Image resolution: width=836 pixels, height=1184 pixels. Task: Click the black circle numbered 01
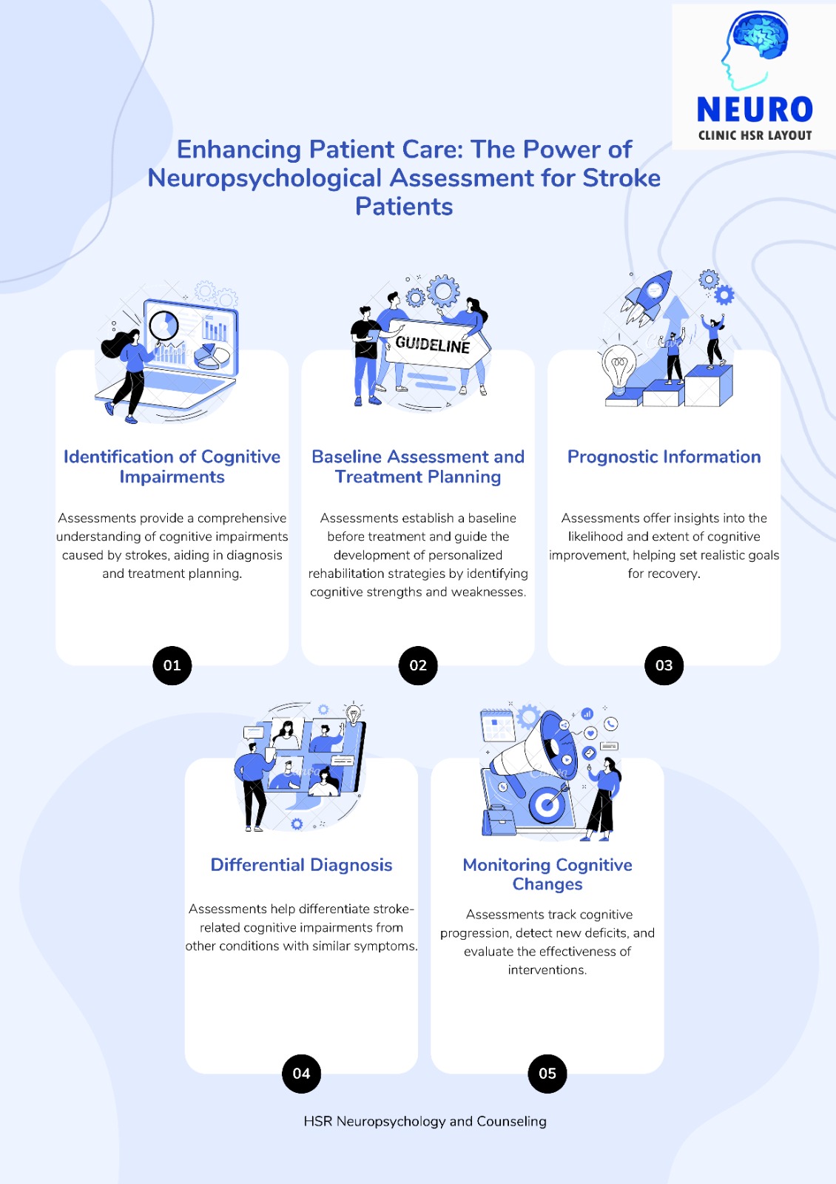[x=172, y=665]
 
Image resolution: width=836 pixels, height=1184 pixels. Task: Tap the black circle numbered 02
[x=418, y=665]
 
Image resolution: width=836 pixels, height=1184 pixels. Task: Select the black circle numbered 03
[x=664, y=665]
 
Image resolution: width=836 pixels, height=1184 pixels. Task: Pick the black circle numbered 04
[x=301, y=1073]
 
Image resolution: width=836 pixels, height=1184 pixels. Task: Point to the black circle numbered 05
[x=547, y=1073]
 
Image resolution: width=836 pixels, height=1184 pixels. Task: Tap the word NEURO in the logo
[x=755, y=110]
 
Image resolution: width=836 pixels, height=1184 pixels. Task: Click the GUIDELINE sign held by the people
[x=434, y=344]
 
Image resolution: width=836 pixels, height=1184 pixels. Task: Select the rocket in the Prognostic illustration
[x=647, y=297]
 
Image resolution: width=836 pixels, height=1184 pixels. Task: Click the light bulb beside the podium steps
[x=618, y=367]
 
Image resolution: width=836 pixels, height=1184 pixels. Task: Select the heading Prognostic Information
[x=664, y=457]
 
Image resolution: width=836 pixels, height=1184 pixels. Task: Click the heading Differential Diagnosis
[x=301, y=865]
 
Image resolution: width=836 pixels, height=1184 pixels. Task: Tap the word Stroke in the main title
[x=621, y=178]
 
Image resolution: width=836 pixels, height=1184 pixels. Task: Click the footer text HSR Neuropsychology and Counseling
[x=425, y=1121]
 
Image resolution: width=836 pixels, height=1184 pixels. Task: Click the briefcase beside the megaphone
[x=499, y=821]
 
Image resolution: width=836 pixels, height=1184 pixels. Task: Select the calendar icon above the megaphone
[x=497, y=725]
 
